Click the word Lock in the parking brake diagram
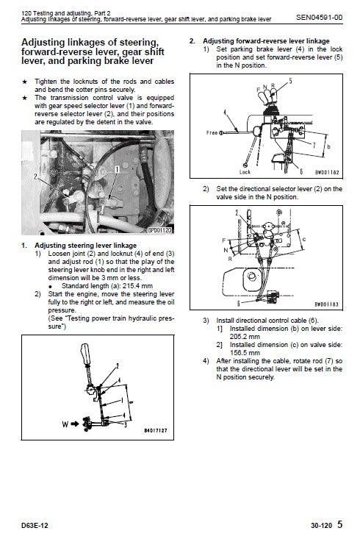click(246, 170)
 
